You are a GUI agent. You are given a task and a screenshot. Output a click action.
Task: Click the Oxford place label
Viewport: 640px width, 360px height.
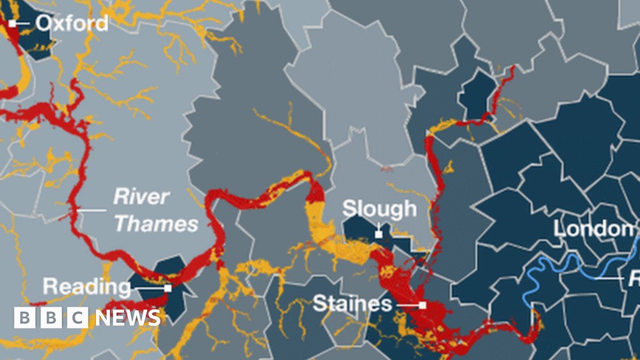pos(72,23)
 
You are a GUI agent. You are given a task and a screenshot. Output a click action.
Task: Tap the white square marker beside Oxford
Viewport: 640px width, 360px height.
pos(12,23)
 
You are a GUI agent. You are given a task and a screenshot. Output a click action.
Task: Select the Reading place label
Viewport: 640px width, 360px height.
pos(86,287)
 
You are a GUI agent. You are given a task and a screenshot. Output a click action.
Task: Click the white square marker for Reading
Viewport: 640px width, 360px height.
pos(168,288)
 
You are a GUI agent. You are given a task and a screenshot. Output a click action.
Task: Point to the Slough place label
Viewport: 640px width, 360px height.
pos(379,209)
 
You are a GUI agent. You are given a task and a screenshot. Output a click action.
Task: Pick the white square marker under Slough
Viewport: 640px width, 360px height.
pos(379,234)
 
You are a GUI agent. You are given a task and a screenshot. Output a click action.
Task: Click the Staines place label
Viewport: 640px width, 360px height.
pos(352,304)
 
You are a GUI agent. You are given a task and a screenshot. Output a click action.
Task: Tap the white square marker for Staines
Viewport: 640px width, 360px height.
pos(422,305)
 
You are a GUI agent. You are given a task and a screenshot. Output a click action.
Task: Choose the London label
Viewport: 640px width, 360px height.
pos(593,229)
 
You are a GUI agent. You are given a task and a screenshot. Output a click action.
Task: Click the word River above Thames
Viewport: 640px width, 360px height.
pos(141,197)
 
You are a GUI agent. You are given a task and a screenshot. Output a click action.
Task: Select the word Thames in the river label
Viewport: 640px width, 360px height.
pos(156,224)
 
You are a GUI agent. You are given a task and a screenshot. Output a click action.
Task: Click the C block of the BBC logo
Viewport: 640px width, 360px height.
pos(78,318)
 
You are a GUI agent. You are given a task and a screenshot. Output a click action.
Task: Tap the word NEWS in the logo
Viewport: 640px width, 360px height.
pos(128,318)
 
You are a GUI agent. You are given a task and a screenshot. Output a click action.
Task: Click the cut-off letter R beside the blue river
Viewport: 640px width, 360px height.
pos(635,279)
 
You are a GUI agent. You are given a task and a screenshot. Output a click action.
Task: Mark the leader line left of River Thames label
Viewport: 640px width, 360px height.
pos(92,211)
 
